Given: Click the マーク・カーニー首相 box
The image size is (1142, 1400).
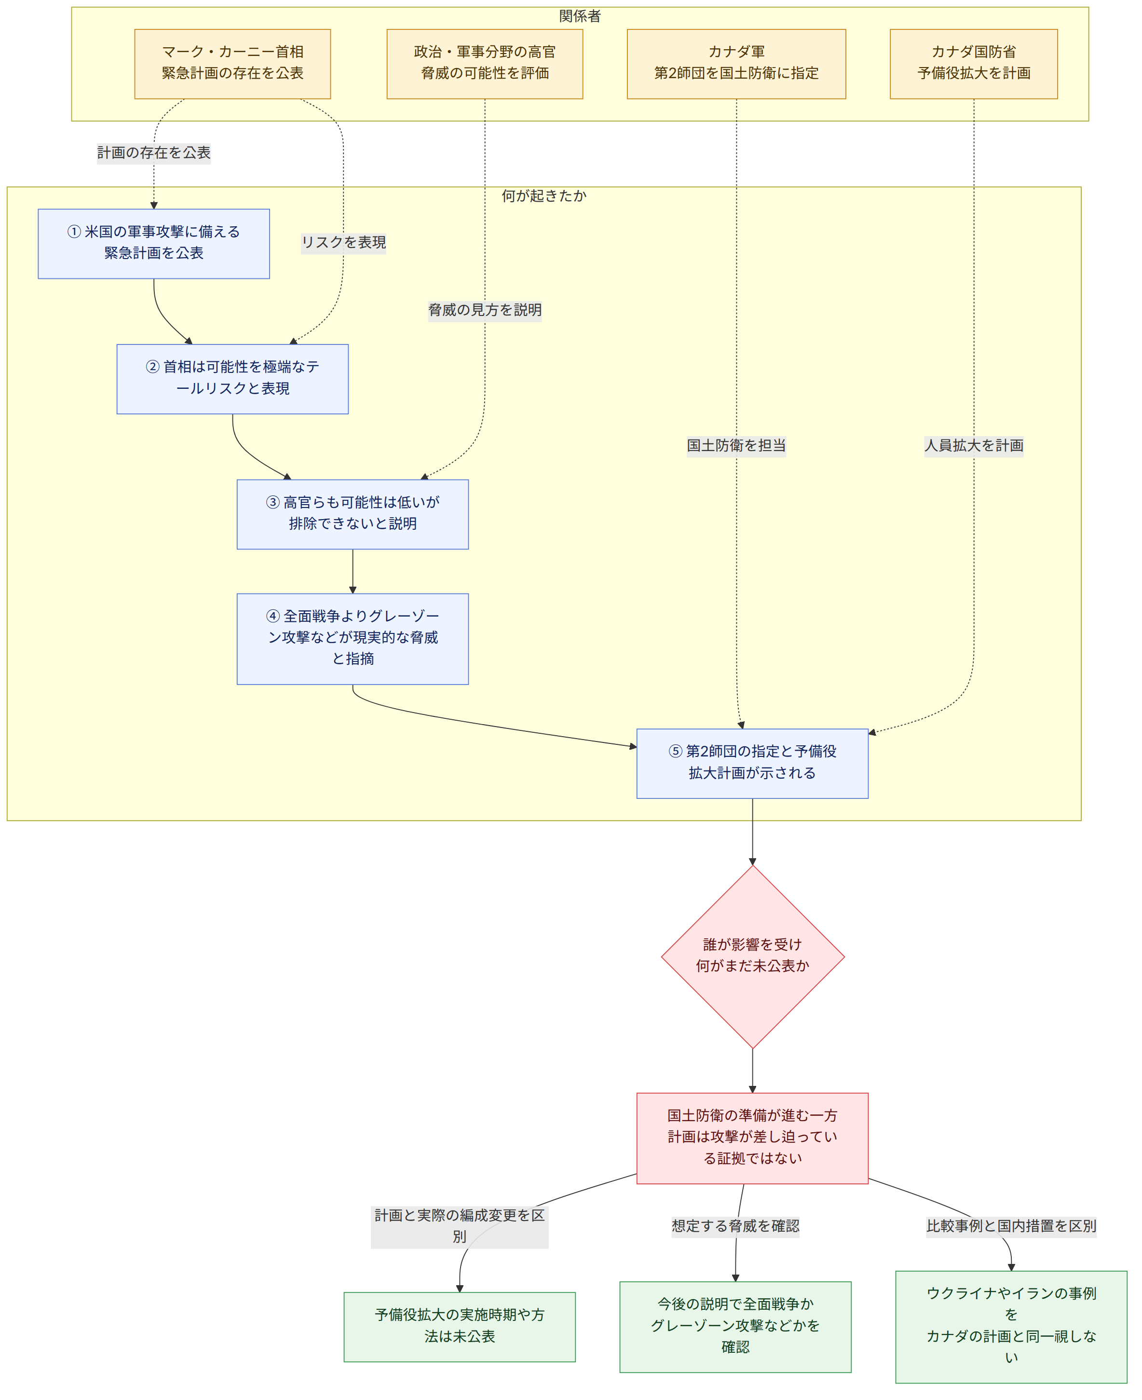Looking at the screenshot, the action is pyautogui.click(x=232, y=64).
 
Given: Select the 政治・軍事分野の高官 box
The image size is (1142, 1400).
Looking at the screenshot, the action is pyautogui.click(x=485, y=64).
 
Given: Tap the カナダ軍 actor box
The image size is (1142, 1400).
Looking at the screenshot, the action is pyautogui.click(x=736, y=64).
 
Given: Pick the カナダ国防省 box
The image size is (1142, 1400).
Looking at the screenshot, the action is pyautogui.click(x=974, y=64).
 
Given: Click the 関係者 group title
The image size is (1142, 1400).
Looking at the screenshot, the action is pyautogui.click(x=580, y=16).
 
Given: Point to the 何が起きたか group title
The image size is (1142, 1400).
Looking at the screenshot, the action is pyautogui.click(x=544, y=195).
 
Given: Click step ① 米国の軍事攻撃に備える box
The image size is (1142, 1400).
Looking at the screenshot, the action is pyautogui.click(x=154, y=244).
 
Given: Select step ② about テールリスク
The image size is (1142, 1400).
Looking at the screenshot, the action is pyautogui.click(x=233, y=379).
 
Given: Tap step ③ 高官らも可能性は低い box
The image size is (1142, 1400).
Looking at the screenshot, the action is pyautogui.click(x=353, y=514).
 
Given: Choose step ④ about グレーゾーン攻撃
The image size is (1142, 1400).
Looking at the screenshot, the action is pyautogui.click(x=353, y=639).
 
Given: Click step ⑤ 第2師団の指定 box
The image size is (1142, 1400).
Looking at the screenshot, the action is pyautogui.click(x=752, y=763).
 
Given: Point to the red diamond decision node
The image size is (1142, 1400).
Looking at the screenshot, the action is pyautogui.click(x=752, y=957).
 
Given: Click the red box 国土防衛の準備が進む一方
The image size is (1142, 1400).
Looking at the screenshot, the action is pyautogui.click(x=752, y=1138).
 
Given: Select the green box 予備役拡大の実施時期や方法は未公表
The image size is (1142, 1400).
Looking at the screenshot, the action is pyautogui.click(x=460, y=1327).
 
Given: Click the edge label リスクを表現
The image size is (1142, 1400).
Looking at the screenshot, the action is pyautogui.click(x=343, y=243).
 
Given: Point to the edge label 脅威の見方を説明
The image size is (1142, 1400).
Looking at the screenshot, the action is pyautogui.click(x=485, y=310).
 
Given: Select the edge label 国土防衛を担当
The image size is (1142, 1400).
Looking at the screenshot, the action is pyautogui.click(x=736, y=445).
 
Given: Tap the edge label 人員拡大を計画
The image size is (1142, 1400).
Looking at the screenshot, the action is pyautogui.click(x=974, y=445).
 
